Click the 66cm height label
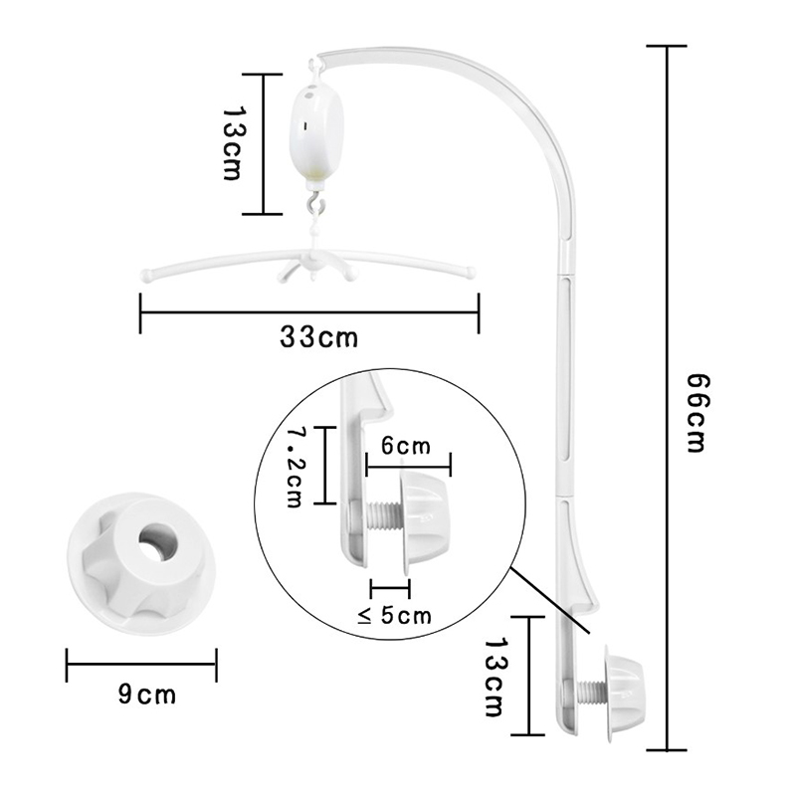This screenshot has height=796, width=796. (696, 413)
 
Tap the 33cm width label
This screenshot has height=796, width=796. (318, 337)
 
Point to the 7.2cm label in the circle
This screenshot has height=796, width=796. (295, 467)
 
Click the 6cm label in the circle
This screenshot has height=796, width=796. (406, 446)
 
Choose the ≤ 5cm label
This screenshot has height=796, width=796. (394, 615)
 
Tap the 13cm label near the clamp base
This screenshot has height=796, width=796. (495, 678)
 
